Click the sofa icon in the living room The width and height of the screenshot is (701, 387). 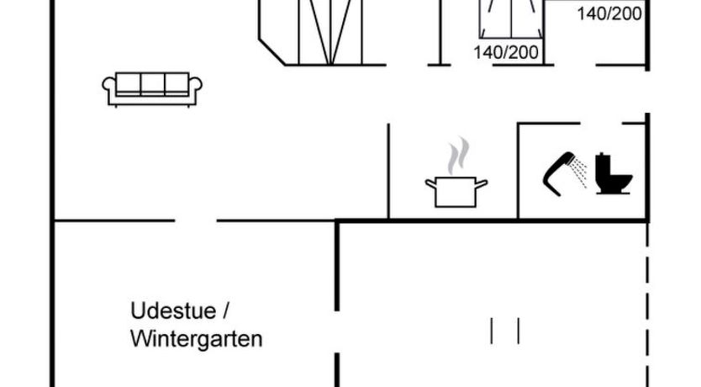[152, 87]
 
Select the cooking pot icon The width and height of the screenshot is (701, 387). [456, 191]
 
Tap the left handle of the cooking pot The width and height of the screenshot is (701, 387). [430, 183]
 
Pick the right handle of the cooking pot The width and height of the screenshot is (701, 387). [483, 183]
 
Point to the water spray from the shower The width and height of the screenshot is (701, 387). [580, 176]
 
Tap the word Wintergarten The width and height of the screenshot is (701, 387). [196, 339]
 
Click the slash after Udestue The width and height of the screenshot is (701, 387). [225, 311]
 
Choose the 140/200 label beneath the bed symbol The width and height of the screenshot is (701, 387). [505, 52]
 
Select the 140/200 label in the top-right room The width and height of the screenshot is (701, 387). [609, 13]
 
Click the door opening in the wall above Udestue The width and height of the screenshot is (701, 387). [196, 221]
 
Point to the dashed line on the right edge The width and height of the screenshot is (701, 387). [647, 303]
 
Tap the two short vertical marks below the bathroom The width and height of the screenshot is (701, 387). [505, 330]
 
